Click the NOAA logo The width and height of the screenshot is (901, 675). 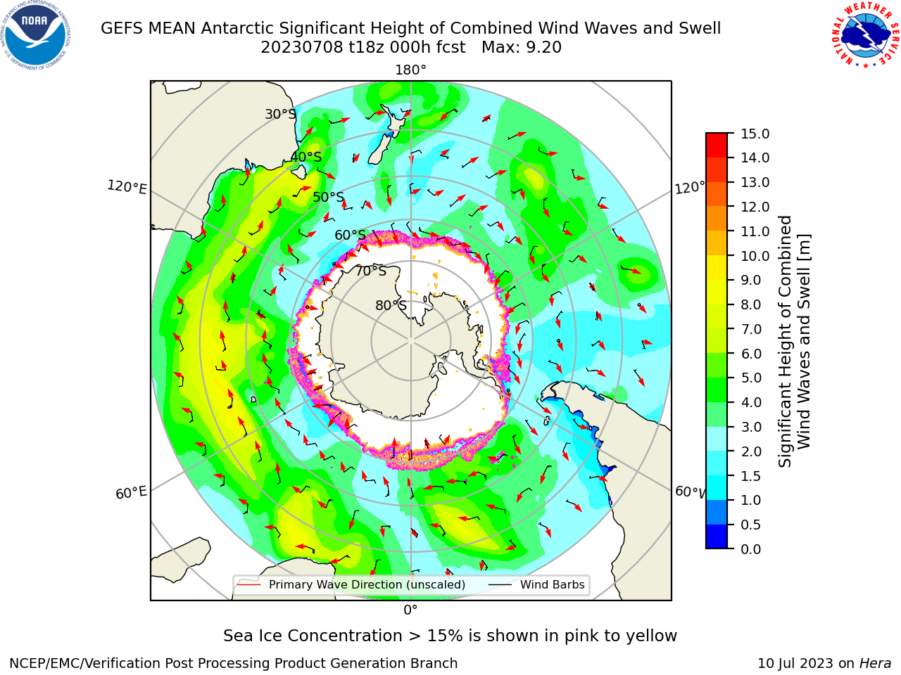(36, 35)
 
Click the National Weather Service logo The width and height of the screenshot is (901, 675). (865, 34)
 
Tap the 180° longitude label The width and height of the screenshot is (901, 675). (410, 70)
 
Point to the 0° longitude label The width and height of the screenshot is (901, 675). (410, 610)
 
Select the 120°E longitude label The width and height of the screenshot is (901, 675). (127, 187)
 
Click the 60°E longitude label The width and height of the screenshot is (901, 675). (131, 492)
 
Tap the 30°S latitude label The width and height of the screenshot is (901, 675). (280, 114)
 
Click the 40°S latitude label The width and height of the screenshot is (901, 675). (306, 157)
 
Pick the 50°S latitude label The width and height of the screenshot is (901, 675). (329, 197)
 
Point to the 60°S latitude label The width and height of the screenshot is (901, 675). (350, 236)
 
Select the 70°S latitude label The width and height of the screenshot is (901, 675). (371, 271)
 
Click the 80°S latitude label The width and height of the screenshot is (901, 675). (391, 305)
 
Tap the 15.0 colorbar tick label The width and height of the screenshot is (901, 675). (755, 134)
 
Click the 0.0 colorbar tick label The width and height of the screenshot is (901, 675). (751, 549)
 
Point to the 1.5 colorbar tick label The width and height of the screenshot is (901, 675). (751, 476)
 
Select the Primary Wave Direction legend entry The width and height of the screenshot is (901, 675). (352, 584)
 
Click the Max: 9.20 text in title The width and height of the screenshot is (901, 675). (522, 48)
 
